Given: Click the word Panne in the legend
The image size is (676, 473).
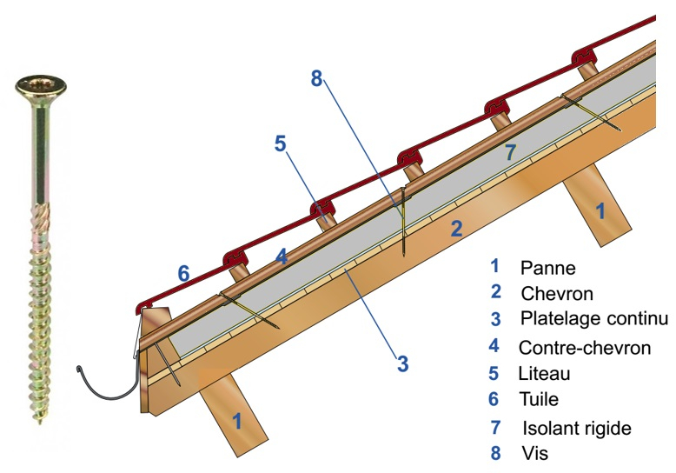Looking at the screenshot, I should (x=548, y=267).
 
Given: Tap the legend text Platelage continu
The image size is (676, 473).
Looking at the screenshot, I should (x=594, y=318).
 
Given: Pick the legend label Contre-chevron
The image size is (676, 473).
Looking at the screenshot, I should (x=585, y=348).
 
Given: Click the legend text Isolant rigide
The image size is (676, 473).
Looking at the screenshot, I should (x=576, y=428).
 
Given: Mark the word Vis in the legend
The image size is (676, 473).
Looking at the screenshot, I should (x=534, y=453).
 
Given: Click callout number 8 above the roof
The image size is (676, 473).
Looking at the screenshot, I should (x=317, y=78).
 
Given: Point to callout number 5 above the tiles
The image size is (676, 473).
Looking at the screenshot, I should (x=280, y=143).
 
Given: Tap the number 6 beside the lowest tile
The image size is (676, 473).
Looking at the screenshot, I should (x=183, y=273).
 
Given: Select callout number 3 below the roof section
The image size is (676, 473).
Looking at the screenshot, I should (x=402, y=363).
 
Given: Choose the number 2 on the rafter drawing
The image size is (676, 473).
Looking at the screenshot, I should (x=455, y=229).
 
